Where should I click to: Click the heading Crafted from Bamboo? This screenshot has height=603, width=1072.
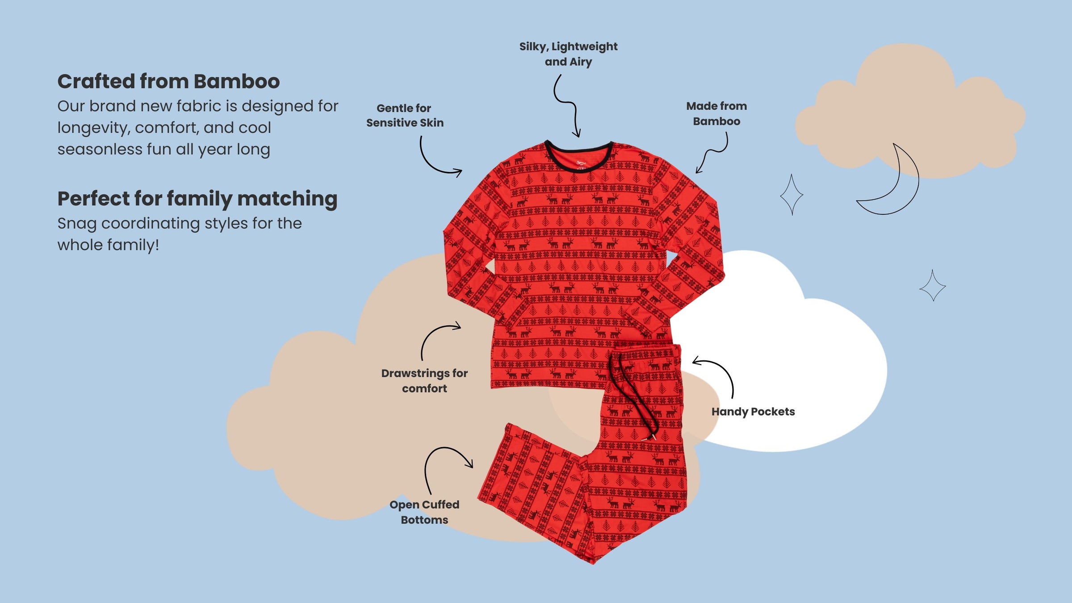click(168, 82)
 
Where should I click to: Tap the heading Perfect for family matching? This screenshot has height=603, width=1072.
click(197, 199)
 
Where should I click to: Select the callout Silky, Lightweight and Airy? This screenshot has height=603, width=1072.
click(568, 54)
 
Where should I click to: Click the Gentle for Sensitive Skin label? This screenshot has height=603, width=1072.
click(405, 115)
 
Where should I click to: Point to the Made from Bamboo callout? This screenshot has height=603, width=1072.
click(716, 113)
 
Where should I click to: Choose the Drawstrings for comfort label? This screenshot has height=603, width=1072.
click(424, 381)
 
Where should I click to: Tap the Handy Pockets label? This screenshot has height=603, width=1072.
click(753, 411)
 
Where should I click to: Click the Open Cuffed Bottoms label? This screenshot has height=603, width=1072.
click(424, 512)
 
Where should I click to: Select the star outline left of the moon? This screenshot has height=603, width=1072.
click(791, 195)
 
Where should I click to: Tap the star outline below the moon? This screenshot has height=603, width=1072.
click(933, 286)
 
